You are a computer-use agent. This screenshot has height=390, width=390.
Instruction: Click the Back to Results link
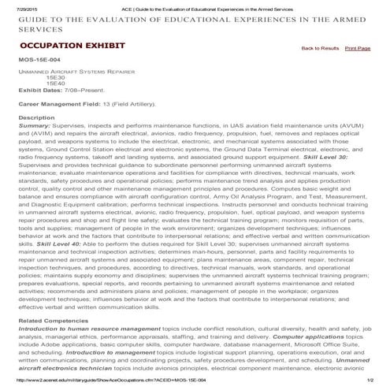320,49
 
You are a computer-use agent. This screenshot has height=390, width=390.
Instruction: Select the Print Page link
358,49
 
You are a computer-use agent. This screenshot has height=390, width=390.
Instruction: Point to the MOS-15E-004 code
39,61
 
